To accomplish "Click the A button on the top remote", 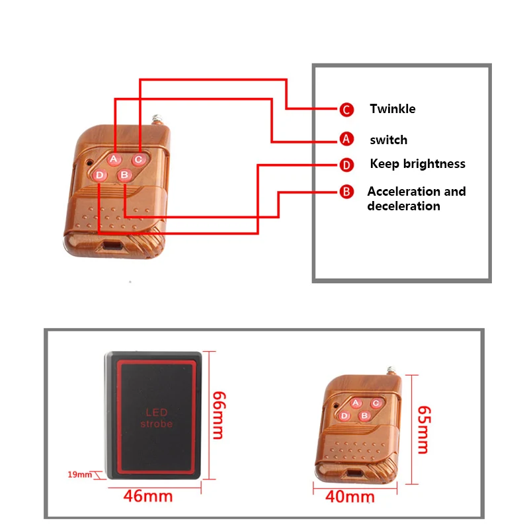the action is point(114,159).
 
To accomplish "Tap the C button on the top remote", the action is point(139,159).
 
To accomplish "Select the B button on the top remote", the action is point(124,175).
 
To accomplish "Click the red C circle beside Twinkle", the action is point(346,110).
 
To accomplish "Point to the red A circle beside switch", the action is point(346,139).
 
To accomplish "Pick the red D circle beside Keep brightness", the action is point(346,165).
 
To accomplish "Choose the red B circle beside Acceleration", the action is point(346,192).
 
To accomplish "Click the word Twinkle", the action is point(393,109).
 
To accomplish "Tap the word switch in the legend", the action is point(389,140).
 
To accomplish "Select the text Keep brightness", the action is point(418,164).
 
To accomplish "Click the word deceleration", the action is point(404,206).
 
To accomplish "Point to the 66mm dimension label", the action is point(219,415).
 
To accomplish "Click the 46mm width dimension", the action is point(148,497).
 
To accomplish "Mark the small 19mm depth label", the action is point(79,475).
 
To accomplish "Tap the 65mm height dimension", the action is point(424,430).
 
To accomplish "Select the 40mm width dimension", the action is point(350,497).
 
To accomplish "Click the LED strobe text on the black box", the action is point(157,418).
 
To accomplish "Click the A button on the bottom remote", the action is point(356,403).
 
